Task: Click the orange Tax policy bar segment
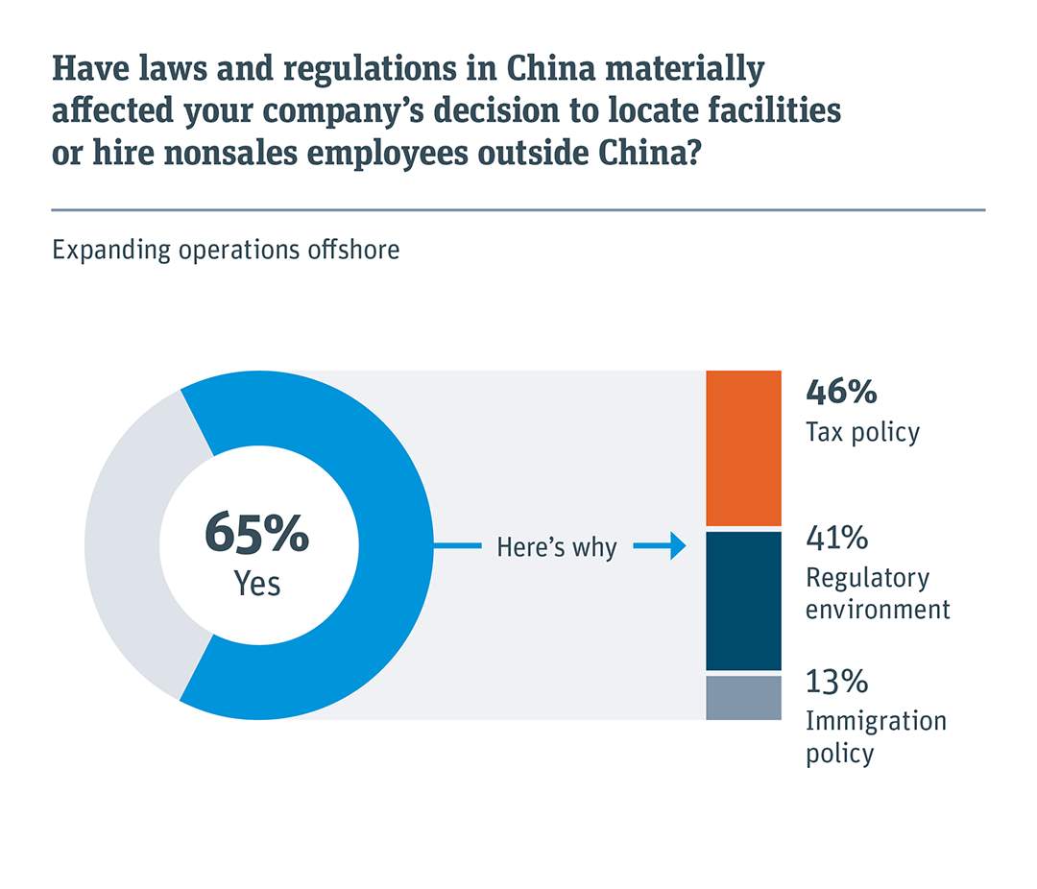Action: pos(743,447)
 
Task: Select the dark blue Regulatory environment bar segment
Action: pos(743,600)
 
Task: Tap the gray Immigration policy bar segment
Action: pos(743,698)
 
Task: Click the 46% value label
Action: pos(841,393)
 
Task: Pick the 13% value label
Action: pos(836,683)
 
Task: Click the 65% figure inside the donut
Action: pos(256,535)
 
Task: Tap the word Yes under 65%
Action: pos(257,584)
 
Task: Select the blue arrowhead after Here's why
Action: pos(676,547)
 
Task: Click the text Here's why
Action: pos(556,548)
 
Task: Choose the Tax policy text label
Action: pos(862,432)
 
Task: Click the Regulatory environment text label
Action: pos(877,593)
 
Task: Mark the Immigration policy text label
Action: pos(875,736)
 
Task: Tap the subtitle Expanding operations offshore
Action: pos(226,251)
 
